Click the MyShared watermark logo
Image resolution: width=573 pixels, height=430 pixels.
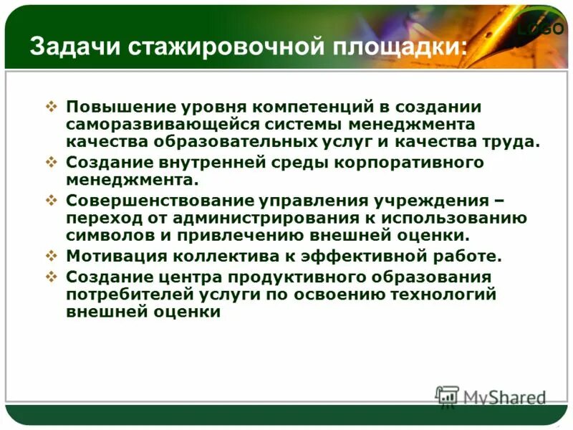point(491,397)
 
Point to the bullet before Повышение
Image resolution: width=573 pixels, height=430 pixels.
point(52,107)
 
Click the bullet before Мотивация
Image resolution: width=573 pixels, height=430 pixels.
point(52,255)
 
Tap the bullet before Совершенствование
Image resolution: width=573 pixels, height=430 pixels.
point(52,200)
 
